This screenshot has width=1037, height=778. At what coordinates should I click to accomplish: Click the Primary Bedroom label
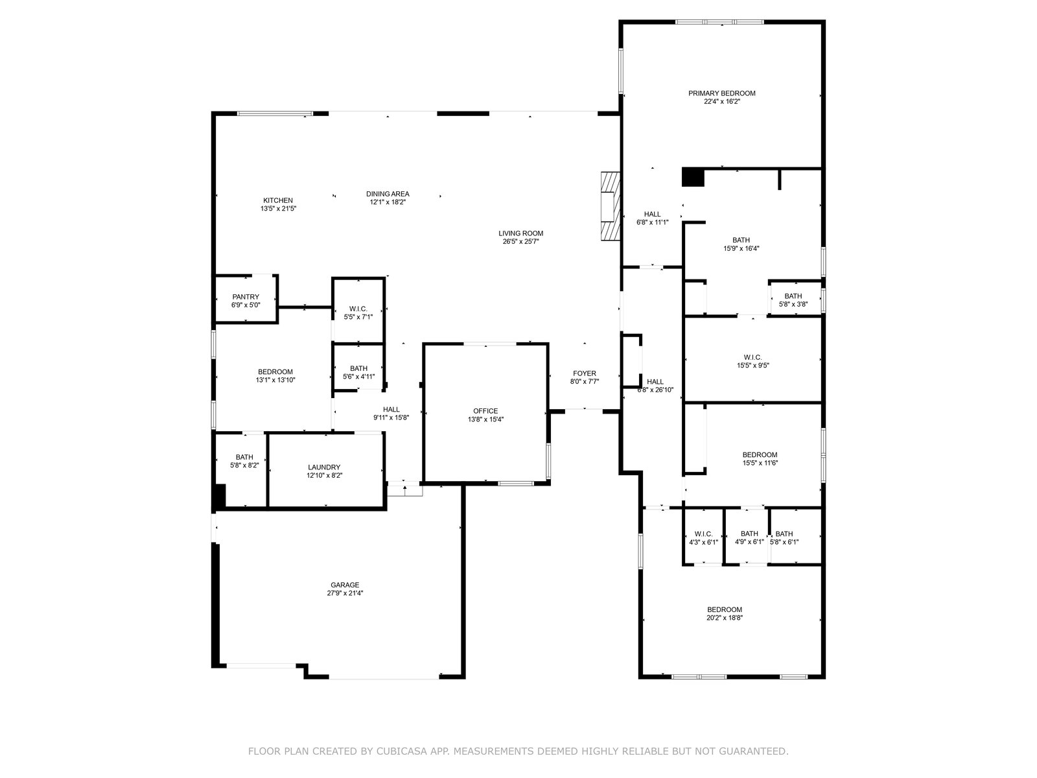click(721, 93)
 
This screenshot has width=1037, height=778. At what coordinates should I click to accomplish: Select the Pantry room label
click(246, 297)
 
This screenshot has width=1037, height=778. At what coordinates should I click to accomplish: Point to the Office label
click(485, 411)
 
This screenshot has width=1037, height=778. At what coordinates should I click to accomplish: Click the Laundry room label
click(324, 467)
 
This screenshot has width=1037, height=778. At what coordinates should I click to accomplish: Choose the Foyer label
click(584, 373)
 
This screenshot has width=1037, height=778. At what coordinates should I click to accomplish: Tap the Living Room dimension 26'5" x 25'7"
click(520, 242)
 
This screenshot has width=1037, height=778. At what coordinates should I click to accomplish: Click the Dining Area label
click(388, 194)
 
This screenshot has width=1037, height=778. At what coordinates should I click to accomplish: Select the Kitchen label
click(278, 200)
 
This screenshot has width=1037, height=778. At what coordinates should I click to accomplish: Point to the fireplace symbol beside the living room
click(610, 206)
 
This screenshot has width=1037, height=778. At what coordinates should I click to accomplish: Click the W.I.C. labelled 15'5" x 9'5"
click(752, 357)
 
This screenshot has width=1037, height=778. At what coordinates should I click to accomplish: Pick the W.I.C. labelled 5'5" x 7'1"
click(358, 309)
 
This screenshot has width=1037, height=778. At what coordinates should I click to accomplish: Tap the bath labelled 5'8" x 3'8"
click(793, 296)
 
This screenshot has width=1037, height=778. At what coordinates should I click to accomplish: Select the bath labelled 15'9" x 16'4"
click(741, 240)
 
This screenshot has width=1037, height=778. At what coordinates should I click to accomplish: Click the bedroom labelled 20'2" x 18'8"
click(724, 609)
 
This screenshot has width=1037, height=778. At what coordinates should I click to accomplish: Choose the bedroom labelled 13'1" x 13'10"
click(275, 372)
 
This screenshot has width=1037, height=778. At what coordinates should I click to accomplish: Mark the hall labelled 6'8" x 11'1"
click(652, 215)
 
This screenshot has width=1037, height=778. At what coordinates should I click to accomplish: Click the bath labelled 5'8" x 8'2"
click(244, 457)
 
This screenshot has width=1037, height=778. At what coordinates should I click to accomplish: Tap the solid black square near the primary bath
click(693, 177)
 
